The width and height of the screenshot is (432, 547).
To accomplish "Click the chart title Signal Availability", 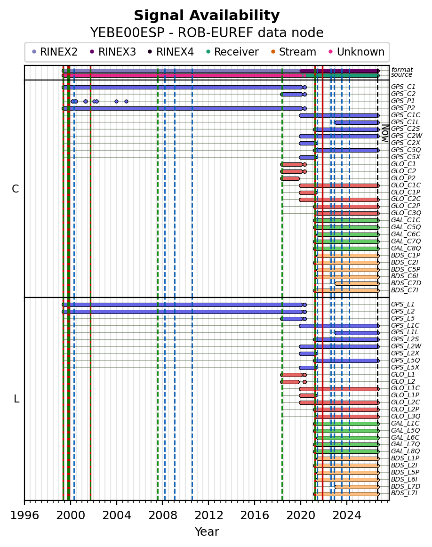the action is (x=207, y=16).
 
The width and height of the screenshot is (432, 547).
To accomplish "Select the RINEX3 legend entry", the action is (x=113, y=52).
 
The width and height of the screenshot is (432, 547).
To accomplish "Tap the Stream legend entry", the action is (x=294, y=52).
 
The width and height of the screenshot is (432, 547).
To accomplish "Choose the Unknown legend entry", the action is (x=356, y=52).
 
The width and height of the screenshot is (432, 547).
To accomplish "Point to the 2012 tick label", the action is (x=208, y=515).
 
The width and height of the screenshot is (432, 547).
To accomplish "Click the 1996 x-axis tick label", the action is (x=24, y=515).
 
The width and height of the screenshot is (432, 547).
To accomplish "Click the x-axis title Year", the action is (x=207, y=531).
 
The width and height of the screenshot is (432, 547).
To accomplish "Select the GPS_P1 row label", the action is (x=403, y=101).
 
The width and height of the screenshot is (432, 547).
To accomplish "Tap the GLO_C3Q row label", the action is (x=406, y=213).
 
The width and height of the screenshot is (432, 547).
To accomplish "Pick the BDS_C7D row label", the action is (x=406, y=283).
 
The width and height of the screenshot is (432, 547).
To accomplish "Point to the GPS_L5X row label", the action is (x=405, y=367).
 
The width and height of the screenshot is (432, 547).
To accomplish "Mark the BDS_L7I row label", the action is (x=404, y=493).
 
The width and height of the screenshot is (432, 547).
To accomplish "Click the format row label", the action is (x=402, y=70).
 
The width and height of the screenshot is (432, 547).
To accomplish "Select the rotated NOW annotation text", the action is (x=385, y=133).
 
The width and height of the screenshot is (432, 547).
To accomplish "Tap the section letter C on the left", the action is (x=16, y=189).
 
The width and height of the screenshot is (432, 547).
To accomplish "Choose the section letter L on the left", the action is (x=16, y=399).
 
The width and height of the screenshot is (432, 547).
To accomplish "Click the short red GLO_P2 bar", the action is (x=290, y=178).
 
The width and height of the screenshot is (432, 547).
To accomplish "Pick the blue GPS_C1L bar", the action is (x=357, y=122).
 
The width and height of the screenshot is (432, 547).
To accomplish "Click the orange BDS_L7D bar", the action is (x=357, y=487).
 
